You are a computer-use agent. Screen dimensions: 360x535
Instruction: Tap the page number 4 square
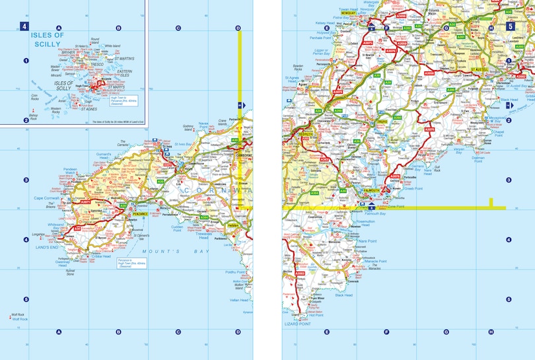tap(24, 27)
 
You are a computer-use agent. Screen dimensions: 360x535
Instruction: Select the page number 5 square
tap(510, 27)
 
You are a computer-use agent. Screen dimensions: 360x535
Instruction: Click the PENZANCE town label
tap(137, 215)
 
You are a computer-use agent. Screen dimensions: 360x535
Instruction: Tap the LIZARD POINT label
tap(295, 324)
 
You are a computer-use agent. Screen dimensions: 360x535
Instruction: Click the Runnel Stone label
tap(71, 272)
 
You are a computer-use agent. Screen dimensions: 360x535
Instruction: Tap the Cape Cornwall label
tap(47, 198)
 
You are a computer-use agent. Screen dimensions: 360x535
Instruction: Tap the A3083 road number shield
tap(301, 273)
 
